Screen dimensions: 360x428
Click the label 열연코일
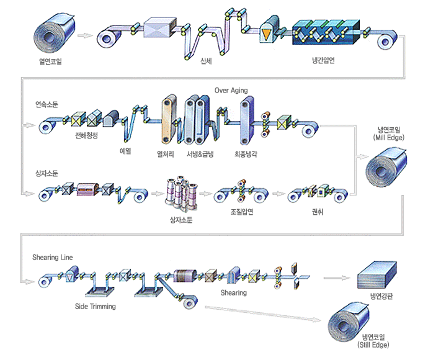[50, 61]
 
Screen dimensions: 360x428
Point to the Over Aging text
[231, 91]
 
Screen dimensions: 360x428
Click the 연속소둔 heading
[47, 103]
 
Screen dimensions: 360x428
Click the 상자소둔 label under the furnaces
[181, 218]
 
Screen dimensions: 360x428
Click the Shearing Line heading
[53, 257]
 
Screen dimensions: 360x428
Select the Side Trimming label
[95, 306]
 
